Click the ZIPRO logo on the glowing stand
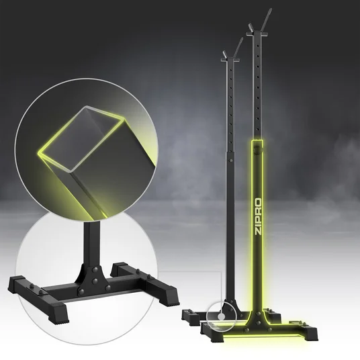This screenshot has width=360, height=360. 259,216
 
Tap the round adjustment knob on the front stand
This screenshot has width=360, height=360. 259,150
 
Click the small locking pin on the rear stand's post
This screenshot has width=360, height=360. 232,160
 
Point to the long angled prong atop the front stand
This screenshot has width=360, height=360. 267,20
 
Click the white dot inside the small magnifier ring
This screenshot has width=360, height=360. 222,317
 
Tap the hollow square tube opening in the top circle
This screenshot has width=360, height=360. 81,138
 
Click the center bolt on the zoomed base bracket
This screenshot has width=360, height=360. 95,280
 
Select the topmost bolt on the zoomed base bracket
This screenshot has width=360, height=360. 95,269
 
